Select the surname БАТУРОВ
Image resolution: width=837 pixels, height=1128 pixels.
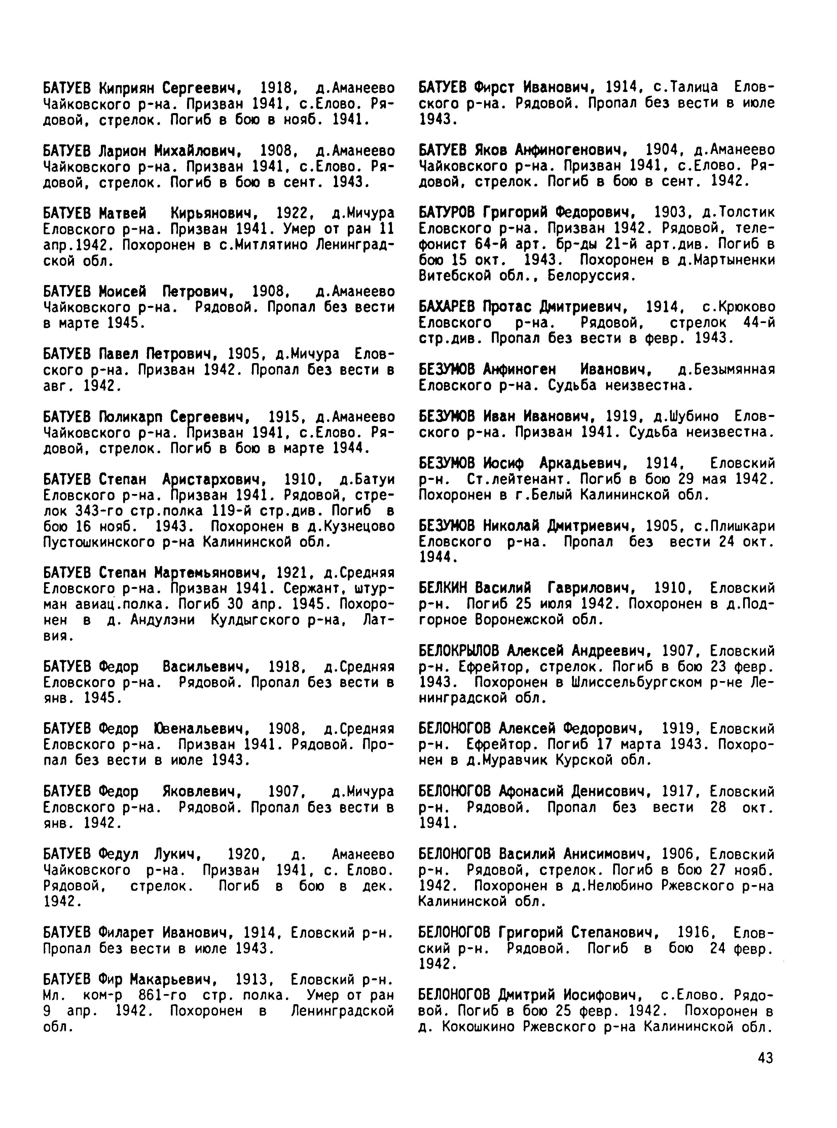click(x=448, y=212)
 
